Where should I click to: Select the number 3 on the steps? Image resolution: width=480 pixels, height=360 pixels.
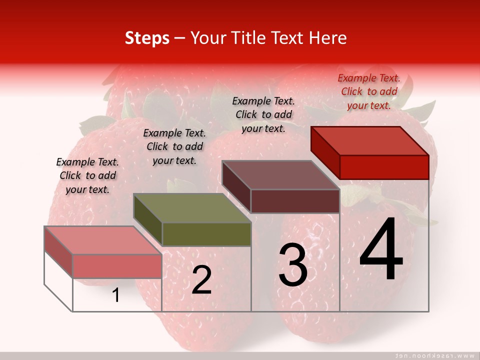(293, 265)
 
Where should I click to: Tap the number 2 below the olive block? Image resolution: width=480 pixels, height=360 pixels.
(201, 280)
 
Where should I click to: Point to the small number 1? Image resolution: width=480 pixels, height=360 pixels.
(115, 295)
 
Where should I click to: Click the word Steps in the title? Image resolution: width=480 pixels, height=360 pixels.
(147, 38)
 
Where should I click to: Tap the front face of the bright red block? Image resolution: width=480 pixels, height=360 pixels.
(384, 167)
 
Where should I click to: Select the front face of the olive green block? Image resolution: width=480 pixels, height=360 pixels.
(206, 234)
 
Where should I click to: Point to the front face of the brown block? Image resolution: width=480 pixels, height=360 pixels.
(295, 201)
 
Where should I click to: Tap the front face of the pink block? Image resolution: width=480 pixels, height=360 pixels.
(117, 266)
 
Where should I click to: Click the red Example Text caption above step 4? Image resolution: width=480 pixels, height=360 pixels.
(369, 91)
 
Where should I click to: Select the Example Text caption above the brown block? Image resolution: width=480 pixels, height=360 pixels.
(263, 114)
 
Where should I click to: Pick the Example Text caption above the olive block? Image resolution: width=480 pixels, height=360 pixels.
(174, 146)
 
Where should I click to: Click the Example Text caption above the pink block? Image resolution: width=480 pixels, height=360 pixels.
(87, 175)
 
